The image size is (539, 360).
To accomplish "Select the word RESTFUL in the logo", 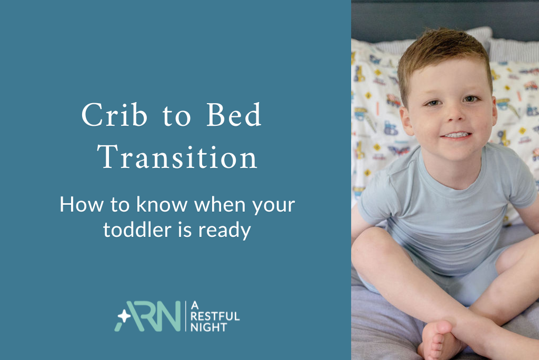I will [x=216, y=317].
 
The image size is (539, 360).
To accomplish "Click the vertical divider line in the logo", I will [x=185, y=316].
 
